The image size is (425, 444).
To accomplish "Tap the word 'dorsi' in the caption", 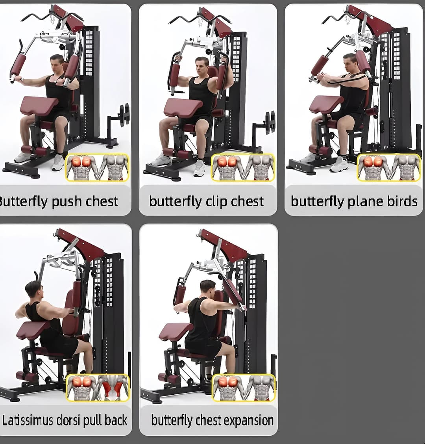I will pyautogui.click(x=77, y=420).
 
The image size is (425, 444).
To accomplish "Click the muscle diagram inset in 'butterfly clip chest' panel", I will pyautogui.click(x=243, y=167).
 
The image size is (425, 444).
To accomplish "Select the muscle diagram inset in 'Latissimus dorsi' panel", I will pyautogui.click(x=98, y=388).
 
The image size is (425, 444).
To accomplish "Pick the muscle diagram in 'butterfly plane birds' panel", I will pyautogui.click(x=388, y=167).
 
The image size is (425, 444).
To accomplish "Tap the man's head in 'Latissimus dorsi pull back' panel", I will pyautogui.click(x=33, y=290).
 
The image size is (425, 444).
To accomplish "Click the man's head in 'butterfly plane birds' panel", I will pyautogui.click(x=349, y=61).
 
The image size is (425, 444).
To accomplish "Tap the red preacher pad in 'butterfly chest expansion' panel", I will pyautogui.click(x=176, y=331).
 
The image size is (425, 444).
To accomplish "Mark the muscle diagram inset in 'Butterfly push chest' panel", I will pyautogui.click(x=97, y=167).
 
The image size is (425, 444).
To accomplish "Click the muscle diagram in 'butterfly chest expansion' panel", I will pyautogui.click(x=244, y=388).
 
